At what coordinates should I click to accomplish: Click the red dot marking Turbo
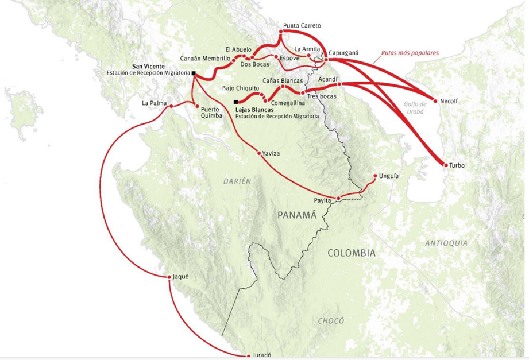click(446, 165)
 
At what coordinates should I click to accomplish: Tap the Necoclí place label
click(449, 101)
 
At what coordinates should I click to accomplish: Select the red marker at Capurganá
click(326, 59)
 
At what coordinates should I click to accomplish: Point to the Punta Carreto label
click(302, 26)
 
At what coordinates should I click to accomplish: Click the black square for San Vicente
click(194, 73)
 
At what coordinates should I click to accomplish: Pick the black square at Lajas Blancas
click(236, 102)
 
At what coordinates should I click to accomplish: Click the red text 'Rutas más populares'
click(410, 53)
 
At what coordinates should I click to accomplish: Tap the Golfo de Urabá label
click(414, 107)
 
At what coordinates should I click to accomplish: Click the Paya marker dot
click(338, 199)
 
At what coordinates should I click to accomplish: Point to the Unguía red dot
click(375, 176)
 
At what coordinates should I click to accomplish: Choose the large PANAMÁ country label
click(297, 215)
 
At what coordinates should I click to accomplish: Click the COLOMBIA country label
click(352, 253)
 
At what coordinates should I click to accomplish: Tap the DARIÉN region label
click(237, 181)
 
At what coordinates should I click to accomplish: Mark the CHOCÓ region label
click(331, 321)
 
